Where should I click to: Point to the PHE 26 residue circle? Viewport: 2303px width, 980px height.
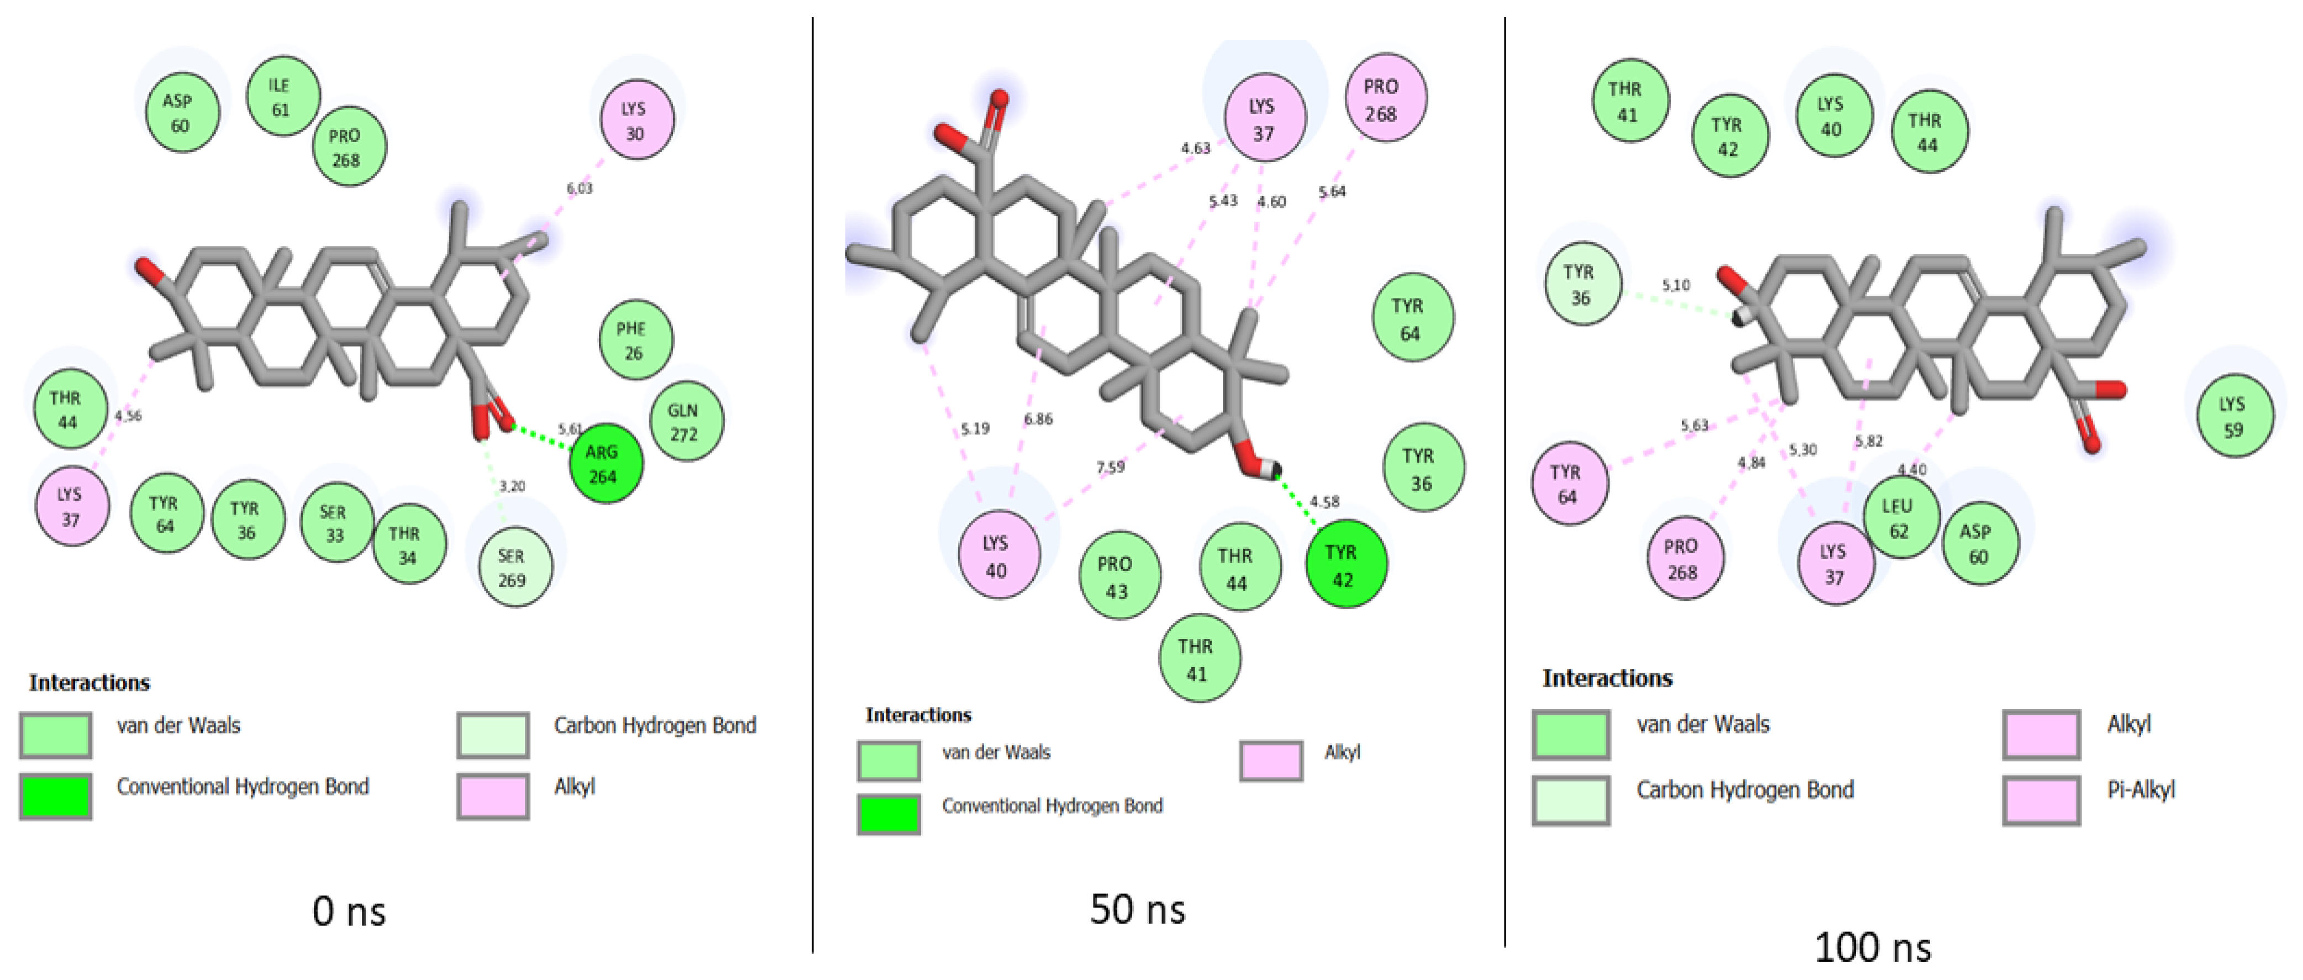(x=635, y=340)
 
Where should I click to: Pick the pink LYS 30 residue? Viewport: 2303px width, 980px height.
(x=635, y=120)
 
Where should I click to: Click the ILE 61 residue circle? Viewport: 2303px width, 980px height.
(x=282, y=97)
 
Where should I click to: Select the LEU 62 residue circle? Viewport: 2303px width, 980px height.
(x=1900, y=518)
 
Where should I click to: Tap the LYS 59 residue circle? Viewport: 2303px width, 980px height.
(x=2233, y=417)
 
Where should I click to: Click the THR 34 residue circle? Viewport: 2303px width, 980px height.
(x=408, y=544)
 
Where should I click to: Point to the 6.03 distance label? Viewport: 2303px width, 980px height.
(x=579, y=188)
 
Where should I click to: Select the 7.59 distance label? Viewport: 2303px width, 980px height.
(x=1111, y=467)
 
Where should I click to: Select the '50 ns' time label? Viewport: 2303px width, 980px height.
(x=1137, y=909)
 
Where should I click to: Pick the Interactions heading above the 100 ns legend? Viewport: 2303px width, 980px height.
(x=1607, y=679)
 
